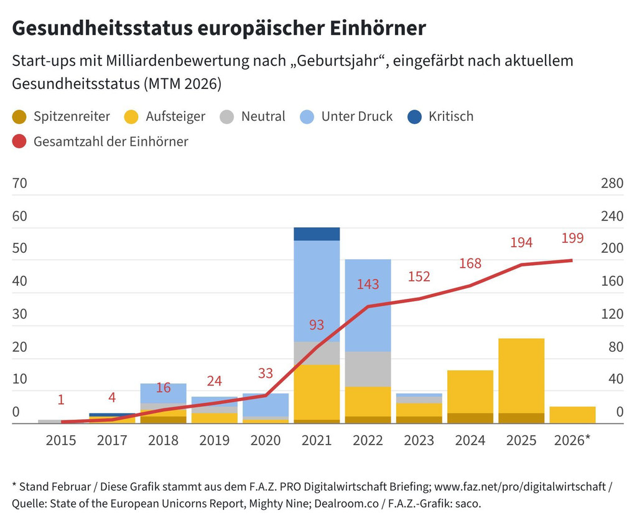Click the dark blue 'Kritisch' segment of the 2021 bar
pyautogui.click(x=317, y=234)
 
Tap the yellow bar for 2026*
pyautogui.click(x=572, y=415)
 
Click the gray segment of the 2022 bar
pyautogui.click(x=368, y=369)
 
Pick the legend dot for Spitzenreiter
pyautogui.click(x=19, y=116)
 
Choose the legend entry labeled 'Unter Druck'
pyautogui.click(x=356, y=116)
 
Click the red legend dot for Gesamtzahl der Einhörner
pyautogui.click(x=19, y=141)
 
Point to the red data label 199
pyautogui.click(x=572, y=238)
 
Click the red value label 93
pyautogui.click(x=317, y=325)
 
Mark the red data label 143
pyautogui.click(x=368, y=285)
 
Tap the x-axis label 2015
pyautogui.click(x=61, y=440)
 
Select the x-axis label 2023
pyautogui.click(x=419, y=440)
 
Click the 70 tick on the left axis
pyautogui.click(x=20, y=184)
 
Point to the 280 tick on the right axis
pyautogui.click(x=611, y=184)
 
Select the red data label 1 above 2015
pyautogui.click(x=61, y=400)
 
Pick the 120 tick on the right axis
pyautogui.click(x=611, y=314)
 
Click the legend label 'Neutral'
pyautogui.click(x=263, y=116)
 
